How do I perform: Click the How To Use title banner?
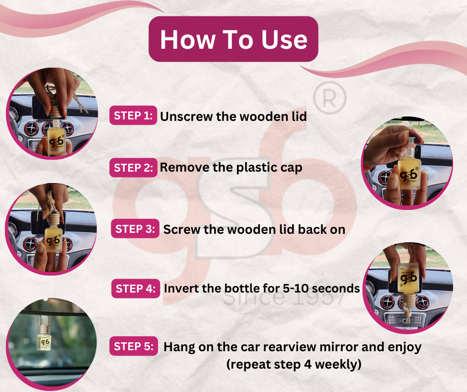[x=233, y=39]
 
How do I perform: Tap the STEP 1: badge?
[x=133, y=115]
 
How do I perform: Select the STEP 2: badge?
[x=133, y=167]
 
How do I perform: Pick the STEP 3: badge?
[x=135, y=228]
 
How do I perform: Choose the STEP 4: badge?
[x=136, y=288]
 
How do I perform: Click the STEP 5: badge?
[x=134, y=346]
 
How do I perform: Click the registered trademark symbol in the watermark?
[x=329, y=98]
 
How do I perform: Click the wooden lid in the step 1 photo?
[x=56, y=111]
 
